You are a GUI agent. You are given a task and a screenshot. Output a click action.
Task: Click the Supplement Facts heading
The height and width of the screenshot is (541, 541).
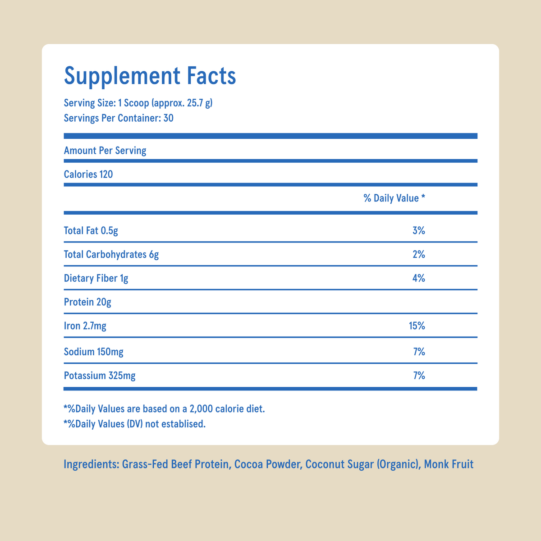pos(150,76)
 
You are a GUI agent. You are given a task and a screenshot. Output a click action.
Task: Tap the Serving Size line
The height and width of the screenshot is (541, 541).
pos(138,103)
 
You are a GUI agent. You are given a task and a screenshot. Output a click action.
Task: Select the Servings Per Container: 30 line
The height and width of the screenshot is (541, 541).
pos(119,118)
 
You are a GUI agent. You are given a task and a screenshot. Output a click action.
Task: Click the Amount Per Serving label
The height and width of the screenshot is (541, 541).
pos(105,151)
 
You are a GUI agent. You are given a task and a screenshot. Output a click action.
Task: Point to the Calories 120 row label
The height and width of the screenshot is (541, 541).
pos(88,174)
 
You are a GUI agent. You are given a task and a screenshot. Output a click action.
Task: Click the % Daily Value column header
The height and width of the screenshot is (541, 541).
pos(394,198)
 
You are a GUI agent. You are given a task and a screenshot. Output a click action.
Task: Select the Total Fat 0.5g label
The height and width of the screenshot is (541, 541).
pos(91,231)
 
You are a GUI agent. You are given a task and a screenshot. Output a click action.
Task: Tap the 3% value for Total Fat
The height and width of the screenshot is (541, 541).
pos(418,231)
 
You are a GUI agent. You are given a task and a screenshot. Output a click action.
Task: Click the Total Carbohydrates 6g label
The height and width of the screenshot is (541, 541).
pos(111,255)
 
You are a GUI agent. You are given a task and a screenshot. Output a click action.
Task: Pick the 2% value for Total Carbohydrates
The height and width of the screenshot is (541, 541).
pos(418,255)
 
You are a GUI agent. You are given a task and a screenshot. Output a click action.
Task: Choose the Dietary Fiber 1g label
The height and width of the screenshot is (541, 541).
pos(96,278)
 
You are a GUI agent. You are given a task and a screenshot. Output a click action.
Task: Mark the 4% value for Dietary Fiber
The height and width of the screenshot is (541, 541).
pos(418,278)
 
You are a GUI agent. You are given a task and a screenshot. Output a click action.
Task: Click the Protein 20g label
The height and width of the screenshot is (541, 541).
pos(87,302)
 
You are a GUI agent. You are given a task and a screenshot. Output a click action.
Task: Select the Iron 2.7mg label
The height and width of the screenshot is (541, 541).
pos(85,326)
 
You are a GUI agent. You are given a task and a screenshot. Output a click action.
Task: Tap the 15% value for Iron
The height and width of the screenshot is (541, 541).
pos(417,326)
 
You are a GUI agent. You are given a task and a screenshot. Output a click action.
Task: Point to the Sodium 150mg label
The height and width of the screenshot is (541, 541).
pos(94,352)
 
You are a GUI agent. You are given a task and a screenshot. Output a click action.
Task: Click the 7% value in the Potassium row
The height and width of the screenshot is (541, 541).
pos(419,375)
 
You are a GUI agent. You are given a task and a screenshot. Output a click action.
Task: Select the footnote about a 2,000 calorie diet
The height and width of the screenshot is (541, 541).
pos(165,409)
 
